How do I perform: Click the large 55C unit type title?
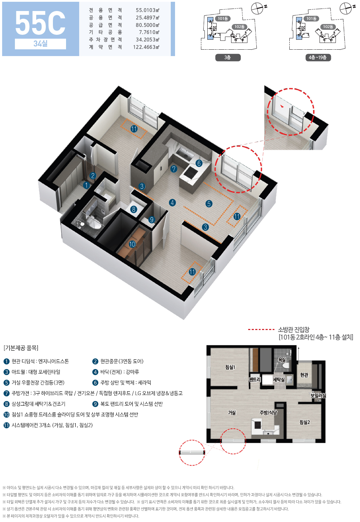40,23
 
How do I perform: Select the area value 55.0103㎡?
147,10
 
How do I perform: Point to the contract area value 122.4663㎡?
146,47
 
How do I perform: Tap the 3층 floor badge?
228,57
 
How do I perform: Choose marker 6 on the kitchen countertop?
199,163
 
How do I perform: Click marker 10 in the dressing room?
132,244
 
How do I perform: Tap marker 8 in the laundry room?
133,209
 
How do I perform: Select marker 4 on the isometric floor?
172,203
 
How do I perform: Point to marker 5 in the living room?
209,204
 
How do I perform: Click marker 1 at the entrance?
87,185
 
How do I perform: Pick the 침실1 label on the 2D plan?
230,367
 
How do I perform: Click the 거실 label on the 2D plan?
232,413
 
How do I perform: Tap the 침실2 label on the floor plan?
305,422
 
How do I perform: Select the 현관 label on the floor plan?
304,375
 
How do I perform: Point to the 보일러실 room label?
318,395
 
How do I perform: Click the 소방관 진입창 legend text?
294,330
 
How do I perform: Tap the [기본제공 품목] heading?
21,348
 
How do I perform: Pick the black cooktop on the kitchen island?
191,173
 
